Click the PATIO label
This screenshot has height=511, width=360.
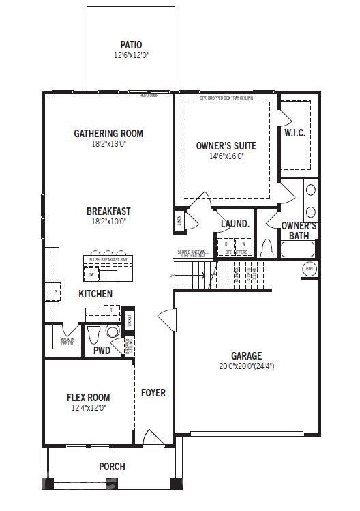(x=131, y=44)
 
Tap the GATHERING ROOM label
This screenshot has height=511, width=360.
(x=108, y=133)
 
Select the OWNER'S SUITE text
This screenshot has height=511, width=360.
(x=226, y=145)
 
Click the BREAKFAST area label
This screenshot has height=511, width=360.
(x=108, y=211)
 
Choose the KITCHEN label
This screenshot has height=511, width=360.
(x=95, y=293)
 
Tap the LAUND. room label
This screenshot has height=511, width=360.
(x=235, y=223)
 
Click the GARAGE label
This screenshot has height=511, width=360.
(x=246, y=355)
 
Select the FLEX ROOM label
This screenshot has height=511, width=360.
(x=88, y=397)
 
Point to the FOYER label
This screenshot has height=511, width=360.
(x=153, y=393)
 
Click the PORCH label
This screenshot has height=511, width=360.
(x=112, y=467)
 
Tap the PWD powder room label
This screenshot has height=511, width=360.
(x=102, y=351)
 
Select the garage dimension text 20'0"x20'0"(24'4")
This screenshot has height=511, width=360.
(x=246, y=366)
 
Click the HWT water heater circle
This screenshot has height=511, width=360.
(x=310, y=269)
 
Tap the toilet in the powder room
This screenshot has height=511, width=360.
(x=95, y=334)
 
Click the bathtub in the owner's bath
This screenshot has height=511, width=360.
(x=298, y=248)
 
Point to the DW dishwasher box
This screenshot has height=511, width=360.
(x=91, y=274)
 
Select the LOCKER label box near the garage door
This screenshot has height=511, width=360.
(x=129, y=319)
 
